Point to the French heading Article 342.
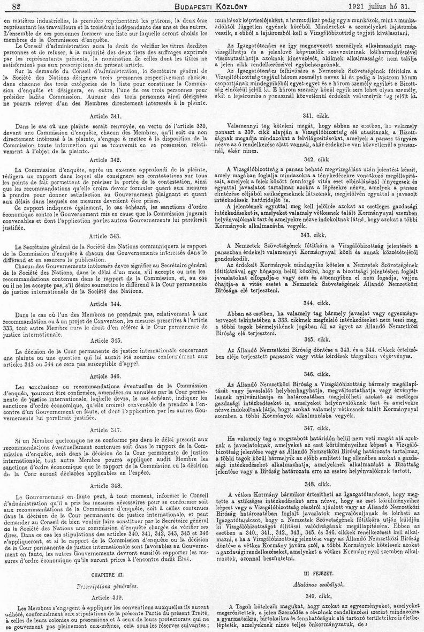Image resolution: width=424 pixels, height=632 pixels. (105, 160)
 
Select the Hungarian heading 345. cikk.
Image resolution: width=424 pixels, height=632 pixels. (315, 338)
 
